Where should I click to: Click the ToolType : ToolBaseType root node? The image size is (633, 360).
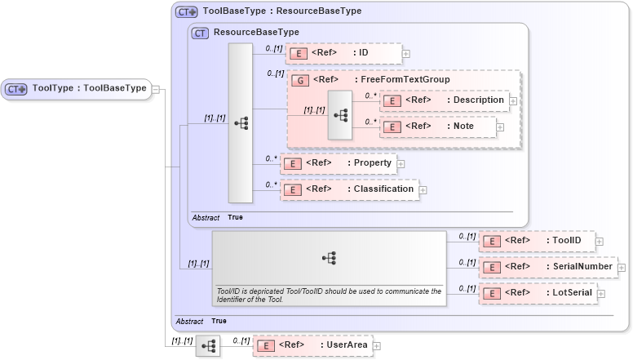pyautogui.click(x=77, y=89)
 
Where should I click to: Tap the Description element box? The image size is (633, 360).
pyautogui.click(x=445, y=100)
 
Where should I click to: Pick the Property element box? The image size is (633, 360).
pyautogui.click(x=338, y=163)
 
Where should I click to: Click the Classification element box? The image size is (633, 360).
pyautogui.click(x=349, y=189)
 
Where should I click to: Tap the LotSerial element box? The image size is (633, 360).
pyautogui.click(x=538, y=293)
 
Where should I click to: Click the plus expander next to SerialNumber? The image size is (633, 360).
pyautogui.click(x=622, y=267)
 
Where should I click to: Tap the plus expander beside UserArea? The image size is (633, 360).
pyautogui.click(x=376, y=346)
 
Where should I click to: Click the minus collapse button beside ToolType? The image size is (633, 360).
pyautogui.click(x=156, y=89)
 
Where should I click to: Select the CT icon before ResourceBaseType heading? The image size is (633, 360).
pyautogui.click(x=200, y=33)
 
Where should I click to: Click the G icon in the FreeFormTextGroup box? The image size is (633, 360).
pyautogui.click(x=299, y=80)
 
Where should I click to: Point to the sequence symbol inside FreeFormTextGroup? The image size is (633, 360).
pyautogui.click(x=339, y=115)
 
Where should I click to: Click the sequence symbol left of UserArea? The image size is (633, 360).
pyautogui.click(x=207, y=346)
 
